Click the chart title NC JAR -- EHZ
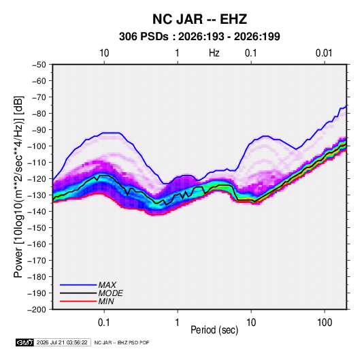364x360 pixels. tap(199, 19)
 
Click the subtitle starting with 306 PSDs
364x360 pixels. tap(199, 37)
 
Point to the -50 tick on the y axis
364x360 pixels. tap(39, 65)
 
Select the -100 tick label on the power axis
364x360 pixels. tap(37, 146)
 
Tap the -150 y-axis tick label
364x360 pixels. tap(37, 228)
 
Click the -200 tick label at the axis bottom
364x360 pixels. tap(37, 310)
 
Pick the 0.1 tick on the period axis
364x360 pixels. tap(104, 323)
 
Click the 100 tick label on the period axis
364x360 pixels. tap(325, 323)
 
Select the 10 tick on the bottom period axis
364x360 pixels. tap(251, 323)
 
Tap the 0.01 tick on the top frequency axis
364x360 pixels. tap(324, 53)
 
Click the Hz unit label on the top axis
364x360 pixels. tap(214, 53)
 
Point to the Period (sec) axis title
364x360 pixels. tap(214, 330)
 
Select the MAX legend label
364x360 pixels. tap(107, 285)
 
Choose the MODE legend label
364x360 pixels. tap(110, 293)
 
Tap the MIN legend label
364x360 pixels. tap(106, 301)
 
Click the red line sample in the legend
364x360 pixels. tap(78, 301)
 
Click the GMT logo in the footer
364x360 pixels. tap(25, 342)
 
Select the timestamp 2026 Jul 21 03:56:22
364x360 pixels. tap(62, 342)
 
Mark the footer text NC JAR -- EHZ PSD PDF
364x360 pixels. tap(122, 342)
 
